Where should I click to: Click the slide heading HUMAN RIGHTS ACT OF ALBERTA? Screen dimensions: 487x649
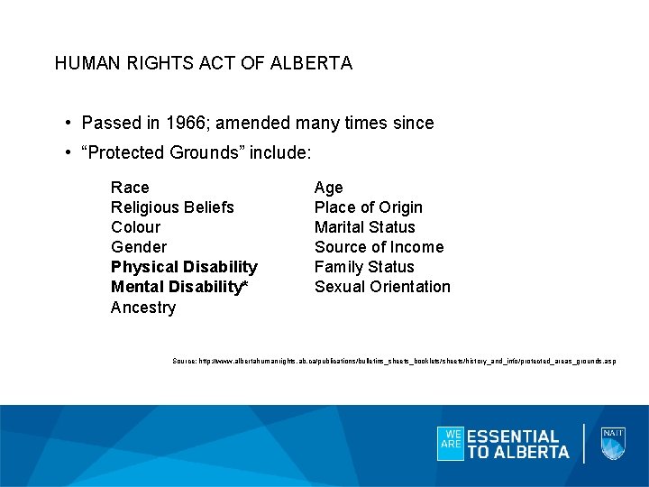[x=204, y=64]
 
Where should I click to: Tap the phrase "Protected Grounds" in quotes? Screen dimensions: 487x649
[x=163, y=152]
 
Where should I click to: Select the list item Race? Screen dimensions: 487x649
[x=130, y=188]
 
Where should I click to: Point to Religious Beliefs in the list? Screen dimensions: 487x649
[x=172, y=207]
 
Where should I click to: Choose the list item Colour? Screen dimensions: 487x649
[x=135, y=227]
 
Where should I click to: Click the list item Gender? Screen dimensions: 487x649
[x=139, y=247]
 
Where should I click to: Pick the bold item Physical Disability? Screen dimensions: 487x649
[x=184, y=267]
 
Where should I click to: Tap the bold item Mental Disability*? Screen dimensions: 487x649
[x=179, y=287]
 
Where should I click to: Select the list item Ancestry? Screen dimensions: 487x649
[x=143, y=308]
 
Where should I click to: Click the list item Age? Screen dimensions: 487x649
[x=328, y=188]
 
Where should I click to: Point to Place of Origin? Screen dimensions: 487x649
[x=368, y=207]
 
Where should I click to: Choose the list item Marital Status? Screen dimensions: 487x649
[x=364, y=227]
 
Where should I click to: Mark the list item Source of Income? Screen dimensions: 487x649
[x=379, y=247]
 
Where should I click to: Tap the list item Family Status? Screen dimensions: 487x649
[x=364, y=267]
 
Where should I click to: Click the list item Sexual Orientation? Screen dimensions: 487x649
[x=382, y=287]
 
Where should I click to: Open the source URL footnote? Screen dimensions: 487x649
[x=395, y=361]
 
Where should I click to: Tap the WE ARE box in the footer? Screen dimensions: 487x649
[x=450, y=443]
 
